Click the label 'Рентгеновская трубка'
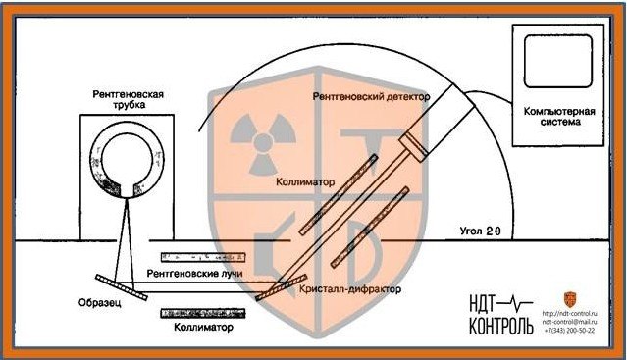tap(127, 101)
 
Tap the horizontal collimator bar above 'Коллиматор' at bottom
tap(203, 313)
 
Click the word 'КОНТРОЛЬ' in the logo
tap(501, 326)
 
